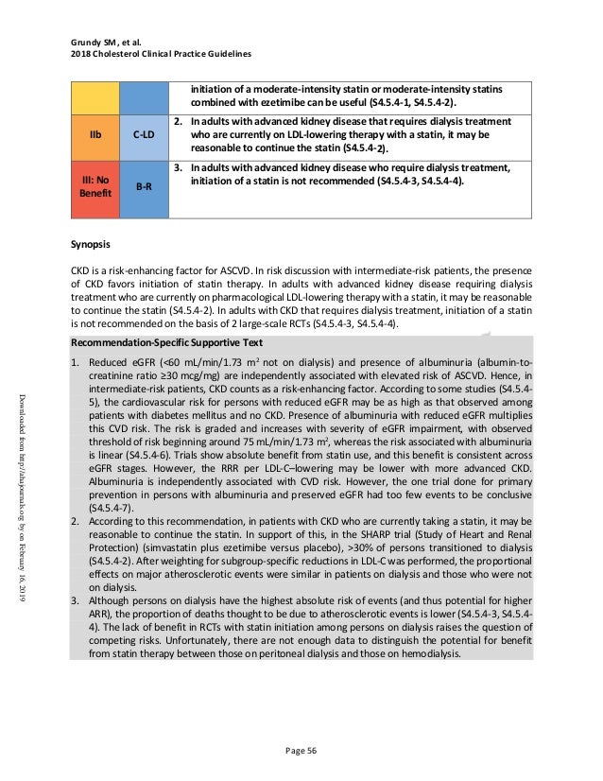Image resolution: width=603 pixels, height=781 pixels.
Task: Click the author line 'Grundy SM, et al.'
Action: pyautogui.click(x=110, y=41)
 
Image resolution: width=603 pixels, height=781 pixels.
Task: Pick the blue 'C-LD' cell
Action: pyautogui.click(x=144, y=135)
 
